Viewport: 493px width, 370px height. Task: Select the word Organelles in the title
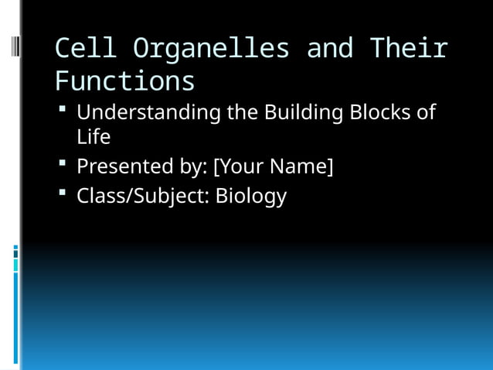click(211, 48)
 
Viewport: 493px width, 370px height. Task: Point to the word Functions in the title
click(124, 81)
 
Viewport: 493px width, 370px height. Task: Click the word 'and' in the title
click(330, 48)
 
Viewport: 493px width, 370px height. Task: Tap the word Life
click(93, 138)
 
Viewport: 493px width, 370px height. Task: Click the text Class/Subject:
click(143, 196)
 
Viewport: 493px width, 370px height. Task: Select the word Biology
click(250, 196)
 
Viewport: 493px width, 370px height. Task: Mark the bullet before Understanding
click(62, 111)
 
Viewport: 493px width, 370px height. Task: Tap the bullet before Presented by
click(62, 165)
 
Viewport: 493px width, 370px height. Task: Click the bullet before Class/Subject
click(62, 194)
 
